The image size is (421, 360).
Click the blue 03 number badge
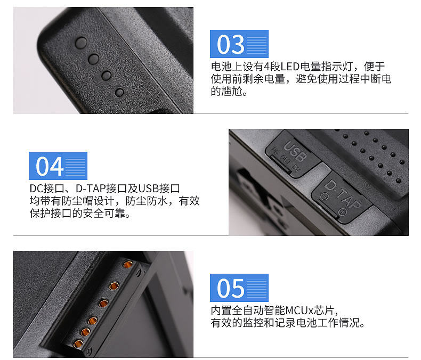pyautogui.click(x=239, y=44)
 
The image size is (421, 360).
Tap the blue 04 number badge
pyautogui.click(x=58, y=166)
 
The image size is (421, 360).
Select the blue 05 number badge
pyautogui.click(x=239, y=288)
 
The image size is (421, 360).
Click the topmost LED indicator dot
pyautogui.click(x=81, y=43)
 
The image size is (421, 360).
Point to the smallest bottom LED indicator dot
pyautogui.click(x=119, y=93)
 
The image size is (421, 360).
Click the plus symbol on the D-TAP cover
pyautogui.click(x=343, y=212)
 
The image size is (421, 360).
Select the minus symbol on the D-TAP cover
pyautogui.click(x=324, y=197)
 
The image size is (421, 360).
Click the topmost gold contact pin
pyautogui.click(x=128, y=265)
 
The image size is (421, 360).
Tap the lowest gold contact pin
pyautogui.click(x=78, y=343)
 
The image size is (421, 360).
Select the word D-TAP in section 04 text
pyautogui.click(x=91, y=189)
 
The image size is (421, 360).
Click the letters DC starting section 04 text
pyautogui.click(x=37, y=189)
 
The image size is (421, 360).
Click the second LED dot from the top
pyautogui.click(x=94, y=59)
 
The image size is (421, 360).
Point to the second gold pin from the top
pyautogui.click(x=114, y=286)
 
